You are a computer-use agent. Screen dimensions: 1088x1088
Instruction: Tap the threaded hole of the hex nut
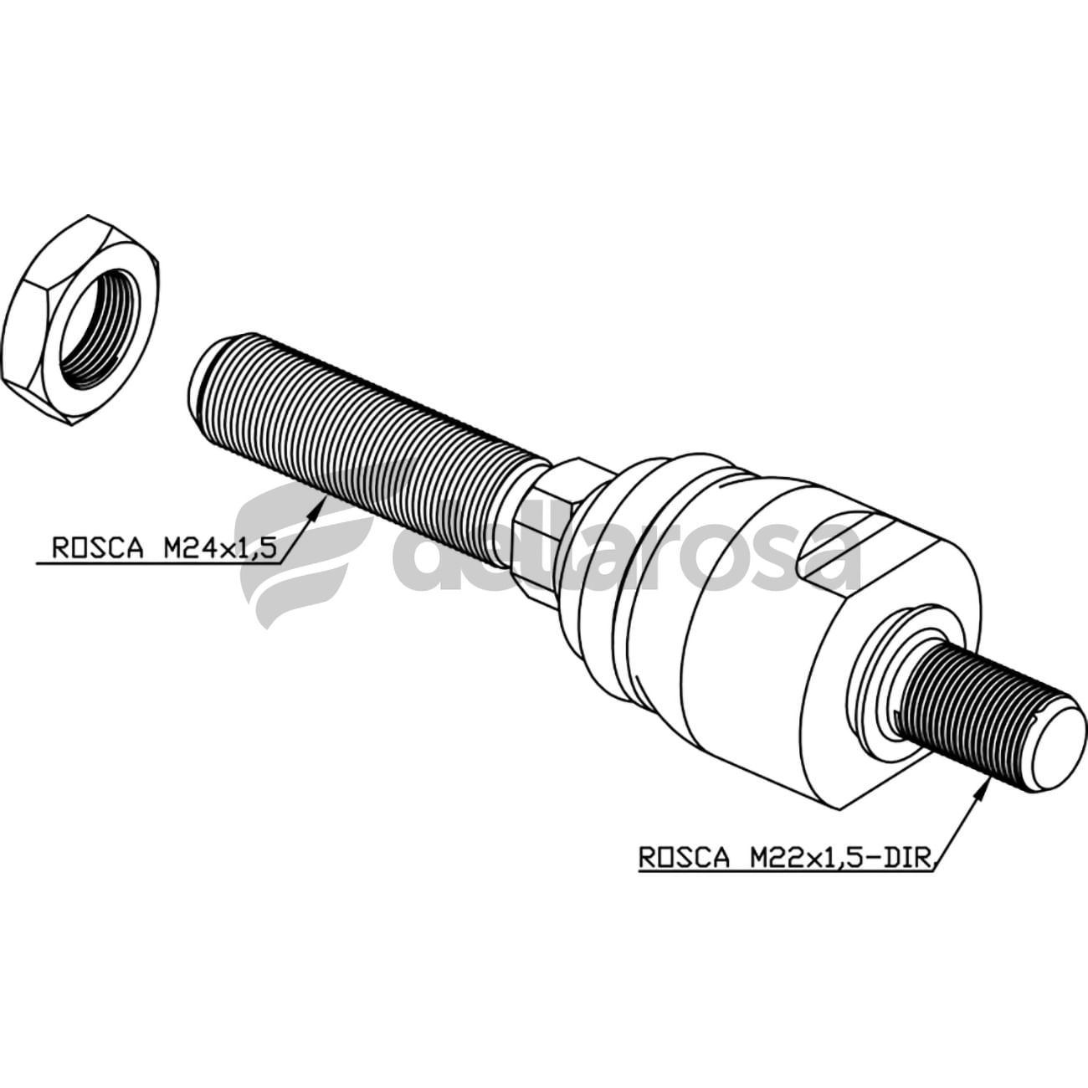(107, 329)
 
